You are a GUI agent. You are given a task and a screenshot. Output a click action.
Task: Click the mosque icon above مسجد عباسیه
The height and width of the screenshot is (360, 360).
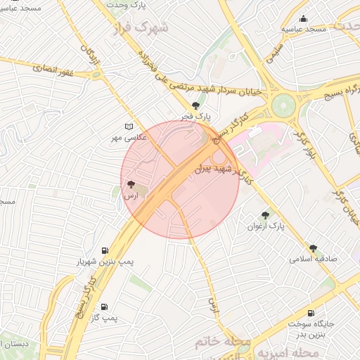303,19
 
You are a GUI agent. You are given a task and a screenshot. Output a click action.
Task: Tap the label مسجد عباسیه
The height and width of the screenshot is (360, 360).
304,29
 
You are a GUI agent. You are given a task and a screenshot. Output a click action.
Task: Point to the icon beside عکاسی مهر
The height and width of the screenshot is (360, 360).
128,127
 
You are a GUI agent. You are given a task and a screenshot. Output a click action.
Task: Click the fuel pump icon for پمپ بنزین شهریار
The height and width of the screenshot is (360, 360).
105,250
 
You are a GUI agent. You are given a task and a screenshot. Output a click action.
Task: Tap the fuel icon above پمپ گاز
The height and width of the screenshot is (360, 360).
104,307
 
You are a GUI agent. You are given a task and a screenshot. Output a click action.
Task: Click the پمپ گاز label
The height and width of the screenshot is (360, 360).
103,318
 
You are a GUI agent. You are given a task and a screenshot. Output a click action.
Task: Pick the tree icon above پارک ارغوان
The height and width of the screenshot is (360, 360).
265,215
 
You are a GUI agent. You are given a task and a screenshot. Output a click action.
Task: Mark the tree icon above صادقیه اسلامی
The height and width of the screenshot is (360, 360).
313,248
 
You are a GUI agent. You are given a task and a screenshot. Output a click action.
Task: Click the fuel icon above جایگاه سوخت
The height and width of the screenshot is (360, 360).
310,314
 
